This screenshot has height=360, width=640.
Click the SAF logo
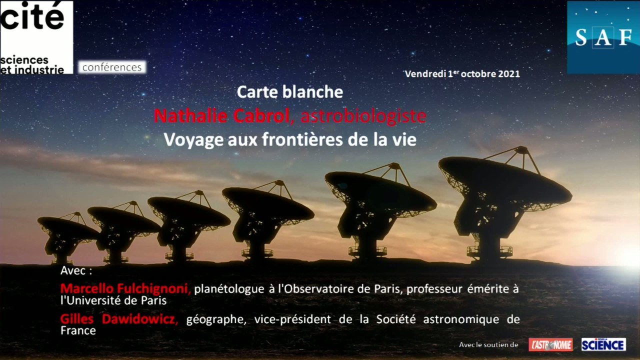pyautogui.click(x=603, y=37)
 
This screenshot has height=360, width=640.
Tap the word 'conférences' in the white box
pyautogui.click(x=112, y=67)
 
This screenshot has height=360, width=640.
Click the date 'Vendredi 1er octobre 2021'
pyautogui.click(x=462, y=73)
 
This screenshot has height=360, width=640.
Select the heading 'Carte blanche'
pyautogui.click(x=289, y=92)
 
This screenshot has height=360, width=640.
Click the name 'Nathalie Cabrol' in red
pyautogui.click(x=221, y=116)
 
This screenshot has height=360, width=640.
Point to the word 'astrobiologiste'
pyautogui.click(x=363, y=116)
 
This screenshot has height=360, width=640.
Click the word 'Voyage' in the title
pyautogui.click(x=193, y=140)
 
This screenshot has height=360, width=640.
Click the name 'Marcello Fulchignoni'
pyautogui.click(x=124, y=289)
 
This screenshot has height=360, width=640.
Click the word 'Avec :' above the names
pyautogui.click(x=76, y=270)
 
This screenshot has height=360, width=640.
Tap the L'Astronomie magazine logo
pyautogui.click(x=550, y=345)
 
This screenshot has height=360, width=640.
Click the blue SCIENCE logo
pyautogui.click(x=603, y=344)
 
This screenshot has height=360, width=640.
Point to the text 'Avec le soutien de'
pyautogui.click(x=488, y=345)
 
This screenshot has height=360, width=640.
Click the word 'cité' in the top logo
pyautogui.click(x=32, y=15)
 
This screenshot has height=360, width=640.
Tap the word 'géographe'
pyautogui.click(x=216, y=319)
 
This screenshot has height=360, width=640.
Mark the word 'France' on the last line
pyautogui.click(x=78, y=331)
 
